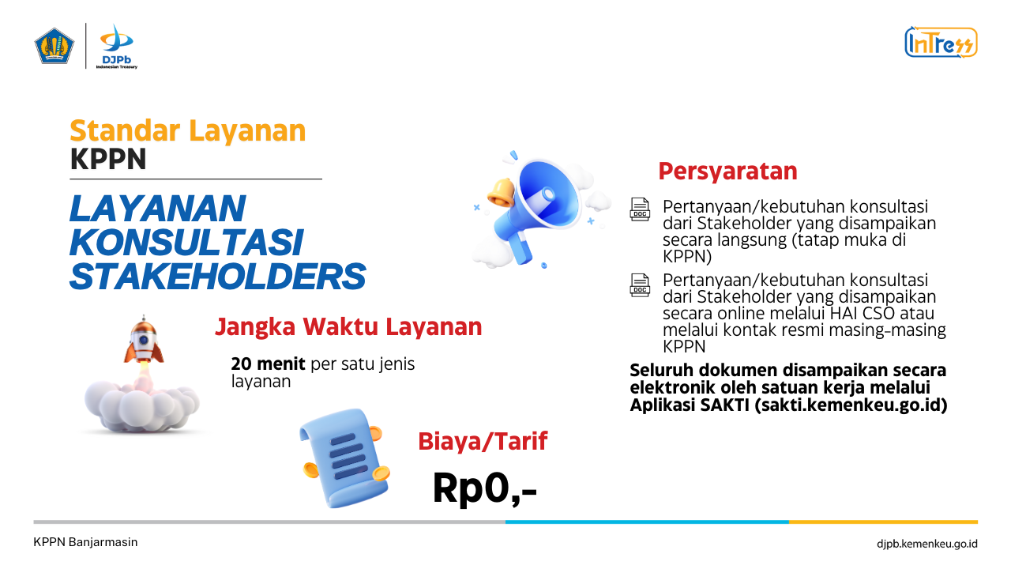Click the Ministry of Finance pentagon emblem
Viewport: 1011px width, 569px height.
click(x=54, y=46)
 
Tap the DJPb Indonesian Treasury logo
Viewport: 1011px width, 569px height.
click(x=117, y=47)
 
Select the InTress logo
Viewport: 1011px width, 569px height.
click(x=941, y=43)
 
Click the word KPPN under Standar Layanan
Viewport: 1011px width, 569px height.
click(x=108, y=159)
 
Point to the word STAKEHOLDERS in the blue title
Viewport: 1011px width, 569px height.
click(x=217, y=277)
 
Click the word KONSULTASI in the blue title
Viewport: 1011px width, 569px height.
click(x=186, y=243)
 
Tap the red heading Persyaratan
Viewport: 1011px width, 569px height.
click(x=727, y=171)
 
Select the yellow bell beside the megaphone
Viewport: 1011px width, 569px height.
click(x=501, y=193)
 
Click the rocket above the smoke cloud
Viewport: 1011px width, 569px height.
click(x=143, y=340)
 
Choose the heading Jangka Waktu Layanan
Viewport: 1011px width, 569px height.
click(x=348, y=326)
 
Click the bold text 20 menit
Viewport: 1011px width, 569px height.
click(x=268, y=364)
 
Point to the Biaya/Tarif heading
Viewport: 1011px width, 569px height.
click(x=483, y=441)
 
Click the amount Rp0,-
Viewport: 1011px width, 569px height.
click(x=485, y=488)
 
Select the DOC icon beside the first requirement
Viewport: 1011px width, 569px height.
click(x=640, y=209)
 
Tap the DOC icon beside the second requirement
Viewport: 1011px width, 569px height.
click(x=640, y=285)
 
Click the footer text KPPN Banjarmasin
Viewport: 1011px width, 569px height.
click(x=85, y=542)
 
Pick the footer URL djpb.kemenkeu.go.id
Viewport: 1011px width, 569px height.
click(x=927, y=544)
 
